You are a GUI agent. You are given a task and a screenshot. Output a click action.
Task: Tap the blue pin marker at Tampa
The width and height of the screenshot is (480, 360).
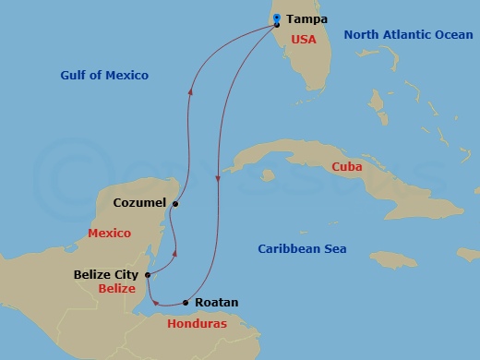coord(277,19)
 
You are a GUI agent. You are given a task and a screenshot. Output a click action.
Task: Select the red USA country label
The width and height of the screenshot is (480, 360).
coord(304,40)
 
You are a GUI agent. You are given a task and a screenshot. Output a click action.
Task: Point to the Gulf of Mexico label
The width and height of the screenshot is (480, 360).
coord(104,75)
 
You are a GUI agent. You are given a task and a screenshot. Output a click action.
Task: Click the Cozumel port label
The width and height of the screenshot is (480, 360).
coord(139,202)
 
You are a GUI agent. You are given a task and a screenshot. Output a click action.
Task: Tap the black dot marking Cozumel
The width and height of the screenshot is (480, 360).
coord(174,204)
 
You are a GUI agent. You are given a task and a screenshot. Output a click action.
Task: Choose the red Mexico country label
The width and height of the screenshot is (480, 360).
coord(109,234)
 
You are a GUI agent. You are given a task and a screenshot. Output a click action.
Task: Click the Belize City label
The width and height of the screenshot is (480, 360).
coord(105,274)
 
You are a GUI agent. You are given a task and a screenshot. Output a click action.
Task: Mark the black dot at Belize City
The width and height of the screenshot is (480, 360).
coord(148,274)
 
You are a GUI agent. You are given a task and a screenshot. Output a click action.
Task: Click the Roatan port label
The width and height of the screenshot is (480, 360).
coord(217,302)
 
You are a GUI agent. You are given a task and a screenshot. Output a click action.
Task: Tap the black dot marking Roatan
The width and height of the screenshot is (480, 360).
coord(186,302)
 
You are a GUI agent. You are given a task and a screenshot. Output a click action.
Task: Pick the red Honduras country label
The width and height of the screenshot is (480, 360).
coord(198,324)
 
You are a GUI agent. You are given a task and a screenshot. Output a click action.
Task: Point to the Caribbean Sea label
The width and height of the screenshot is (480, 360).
coord(302,248)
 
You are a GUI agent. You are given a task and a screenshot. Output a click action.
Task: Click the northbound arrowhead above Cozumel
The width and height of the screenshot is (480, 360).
coord(190,91)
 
